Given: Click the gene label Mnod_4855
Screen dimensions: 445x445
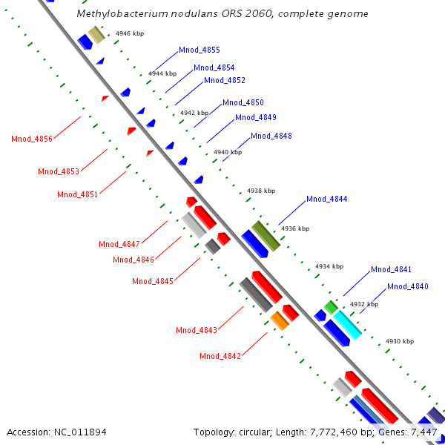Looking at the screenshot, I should click(200, 50).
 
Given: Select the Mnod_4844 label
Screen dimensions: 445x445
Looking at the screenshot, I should click(326, 200).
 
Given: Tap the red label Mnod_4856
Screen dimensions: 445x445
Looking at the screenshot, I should click(32, 139).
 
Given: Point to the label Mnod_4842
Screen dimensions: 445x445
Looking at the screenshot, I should click(220, 357).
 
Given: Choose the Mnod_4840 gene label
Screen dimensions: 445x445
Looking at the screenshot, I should click(407, 287).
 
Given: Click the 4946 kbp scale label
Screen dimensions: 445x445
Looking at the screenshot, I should click(130, 34).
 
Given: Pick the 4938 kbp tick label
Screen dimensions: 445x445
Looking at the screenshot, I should click(260, 191).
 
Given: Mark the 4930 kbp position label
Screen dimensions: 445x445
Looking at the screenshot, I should click(399, 341).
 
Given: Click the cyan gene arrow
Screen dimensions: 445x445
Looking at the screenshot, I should click(346, 325).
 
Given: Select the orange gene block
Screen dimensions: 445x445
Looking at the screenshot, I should click(280, 320).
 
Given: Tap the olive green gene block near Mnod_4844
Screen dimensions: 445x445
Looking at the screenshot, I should click(266, 235).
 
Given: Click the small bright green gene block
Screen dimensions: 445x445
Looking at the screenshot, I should click(331, 306).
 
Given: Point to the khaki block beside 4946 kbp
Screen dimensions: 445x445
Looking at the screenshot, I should click(96, 34).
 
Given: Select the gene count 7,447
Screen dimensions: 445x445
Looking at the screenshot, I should click(425, 432).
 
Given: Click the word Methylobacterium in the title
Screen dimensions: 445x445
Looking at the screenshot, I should click(122, 14).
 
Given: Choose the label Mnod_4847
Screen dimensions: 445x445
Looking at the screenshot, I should click(119, 245).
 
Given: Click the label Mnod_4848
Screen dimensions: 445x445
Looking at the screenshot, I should click(271, 136).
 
